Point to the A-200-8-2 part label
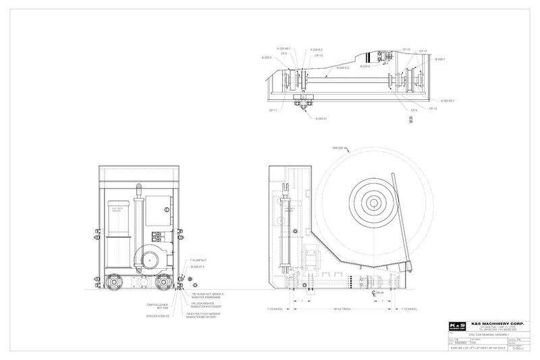point(317,49)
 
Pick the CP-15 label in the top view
point(407,49)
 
